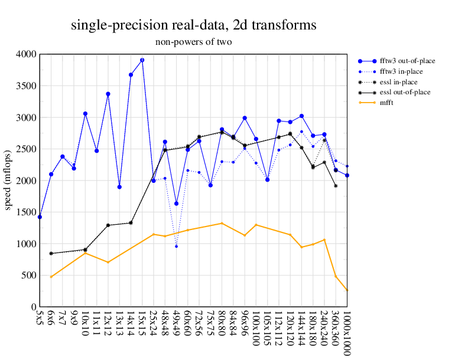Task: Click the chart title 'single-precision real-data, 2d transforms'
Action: click(193, 25)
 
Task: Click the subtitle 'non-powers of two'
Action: click(193, 42)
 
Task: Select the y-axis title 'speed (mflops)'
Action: click(8, 180)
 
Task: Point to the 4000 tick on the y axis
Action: click(26, 54)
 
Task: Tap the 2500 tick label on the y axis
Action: click(26, 149)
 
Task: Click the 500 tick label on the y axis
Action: click(28, 275)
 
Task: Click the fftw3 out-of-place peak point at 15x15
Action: click(142, 60)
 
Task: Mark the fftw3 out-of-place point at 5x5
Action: click(40, 217)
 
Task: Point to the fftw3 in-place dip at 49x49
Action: click(176, 246)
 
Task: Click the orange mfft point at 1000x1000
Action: click(347, 290)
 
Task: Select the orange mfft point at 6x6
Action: click(51, 277)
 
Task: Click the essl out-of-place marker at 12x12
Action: click(108, 225)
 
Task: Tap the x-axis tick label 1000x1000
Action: click(346, 333)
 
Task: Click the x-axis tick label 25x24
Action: click(154, 324)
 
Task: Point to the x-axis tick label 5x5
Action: click(40, 319)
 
